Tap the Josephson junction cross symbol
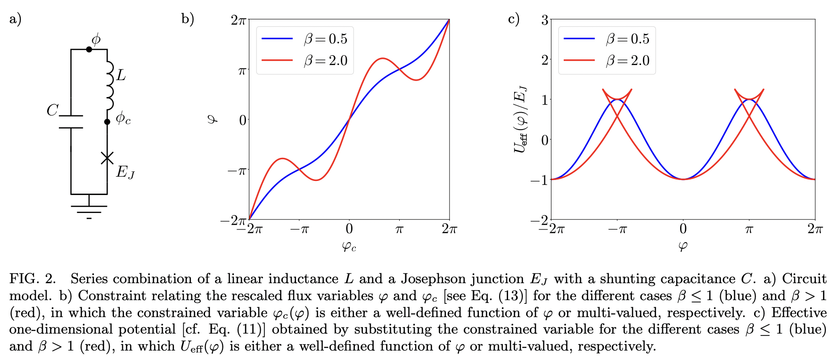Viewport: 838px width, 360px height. coord(107,158)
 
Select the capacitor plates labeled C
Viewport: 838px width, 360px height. coord(71,122)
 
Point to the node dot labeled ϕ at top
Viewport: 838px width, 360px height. coord(89,49)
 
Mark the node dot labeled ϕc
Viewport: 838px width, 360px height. coord(107,122)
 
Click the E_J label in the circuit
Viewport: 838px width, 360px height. coord(125,172)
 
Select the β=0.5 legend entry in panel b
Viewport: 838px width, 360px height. coord(304,39)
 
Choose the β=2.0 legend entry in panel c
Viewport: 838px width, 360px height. coord(606,61)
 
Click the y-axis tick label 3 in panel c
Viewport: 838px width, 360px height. coord(544,20)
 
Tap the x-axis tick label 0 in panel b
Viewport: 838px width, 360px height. coord(349,229)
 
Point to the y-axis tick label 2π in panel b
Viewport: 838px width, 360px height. coord(238,20)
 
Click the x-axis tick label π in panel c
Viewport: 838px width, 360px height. coord(749,229)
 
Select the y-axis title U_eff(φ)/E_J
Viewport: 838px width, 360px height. coord(520,120)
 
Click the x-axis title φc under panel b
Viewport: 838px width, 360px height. coord(349,245)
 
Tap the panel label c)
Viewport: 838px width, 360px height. coord(513,19)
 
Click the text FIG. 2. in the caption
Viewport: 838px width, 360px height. coord(33,279)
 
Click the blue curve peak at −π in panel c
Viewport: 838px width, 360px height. coord(617,100)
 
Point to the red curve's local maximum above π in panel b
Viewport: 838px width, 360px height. coord(383,58)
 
